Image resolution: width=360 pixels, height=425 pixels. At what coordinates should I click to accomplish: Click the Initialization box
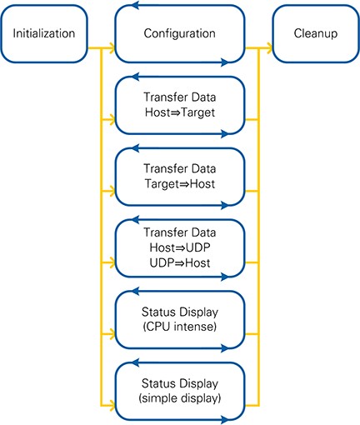44,33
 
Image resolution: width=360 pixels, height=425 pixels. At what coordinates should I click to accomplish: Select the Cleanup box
316,33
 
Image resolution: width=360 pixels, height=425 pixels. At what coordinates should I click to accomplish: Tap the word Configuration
180,33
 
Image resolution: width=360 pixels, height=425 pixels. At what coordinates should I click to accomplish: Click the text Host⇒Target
180,112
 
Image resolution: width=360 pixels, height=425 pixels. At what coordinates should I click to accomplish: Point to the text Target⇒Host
180,184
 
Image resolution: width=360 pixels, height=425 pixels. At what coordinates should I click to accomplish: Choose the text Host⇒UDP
180,247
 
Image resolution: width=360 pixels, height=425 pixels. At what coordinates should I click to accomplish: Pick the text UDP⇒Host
180,262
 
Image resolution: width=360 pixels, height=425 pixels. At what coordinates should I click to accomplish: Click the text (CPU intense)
180,327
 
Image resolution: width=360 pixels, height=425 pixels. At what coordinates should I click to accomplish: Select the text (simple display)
180,398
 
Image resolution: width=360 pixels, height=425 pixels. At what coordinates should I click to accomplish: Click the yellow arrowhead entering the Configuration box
112,48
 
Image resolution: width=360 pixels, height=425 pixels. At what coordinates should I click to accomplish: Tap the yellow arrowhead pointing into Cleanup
268,48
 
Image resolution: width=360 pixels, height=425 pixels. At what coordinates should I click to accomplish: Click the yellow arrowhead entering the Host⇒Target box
112,120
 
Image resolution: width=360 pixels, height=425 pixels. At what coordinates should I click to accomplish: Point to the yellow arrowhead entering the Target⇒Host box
112,191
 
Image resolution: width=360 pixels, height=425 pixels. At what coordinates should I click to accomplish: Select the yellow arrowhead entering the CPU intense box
112,334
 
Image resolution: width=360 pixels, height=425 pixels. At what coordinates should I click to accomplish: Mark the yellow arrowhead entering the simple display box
112,406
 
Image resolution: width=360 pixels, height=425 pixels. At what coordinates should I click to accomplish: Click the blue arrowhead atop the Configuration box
135,5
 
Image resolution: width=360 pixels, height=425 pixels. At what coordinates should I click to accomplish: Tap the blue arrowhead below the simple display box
225,419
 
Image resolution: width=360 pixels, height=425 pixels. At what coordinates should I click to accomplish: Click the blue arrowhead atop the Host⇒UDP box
135,220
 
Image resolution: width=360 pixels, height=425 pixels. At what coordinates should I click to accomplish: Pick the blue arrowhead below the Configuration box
225,62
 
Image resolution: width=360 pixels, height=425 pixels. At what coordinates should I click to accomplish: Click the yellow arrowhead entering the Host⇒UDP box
112,262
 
